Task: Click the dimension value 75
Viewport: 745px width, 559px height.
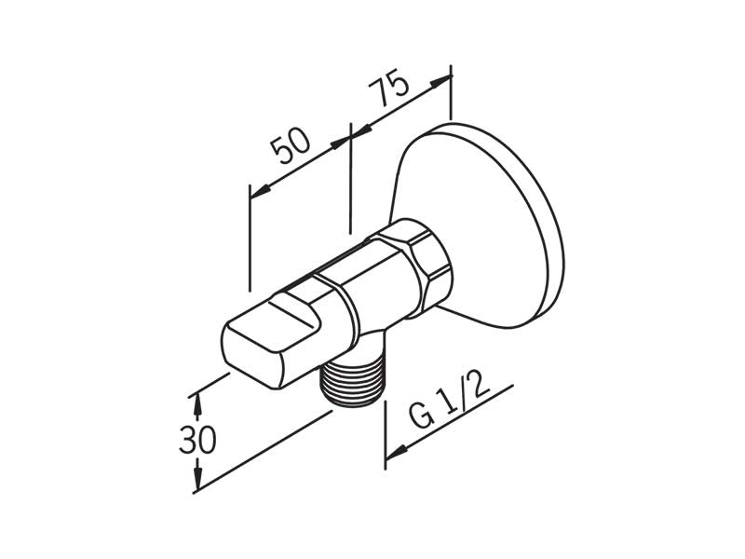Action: click(x=389, y=89)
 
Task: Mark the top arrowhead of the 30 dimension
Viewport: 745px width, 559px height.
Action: click(x=196, y=402)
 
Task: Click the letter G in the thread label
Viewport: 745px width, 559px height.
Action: click(x=422, y=418)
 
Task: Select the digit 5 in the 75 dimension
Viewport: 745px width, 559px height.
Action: click(x=398, y=84)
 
